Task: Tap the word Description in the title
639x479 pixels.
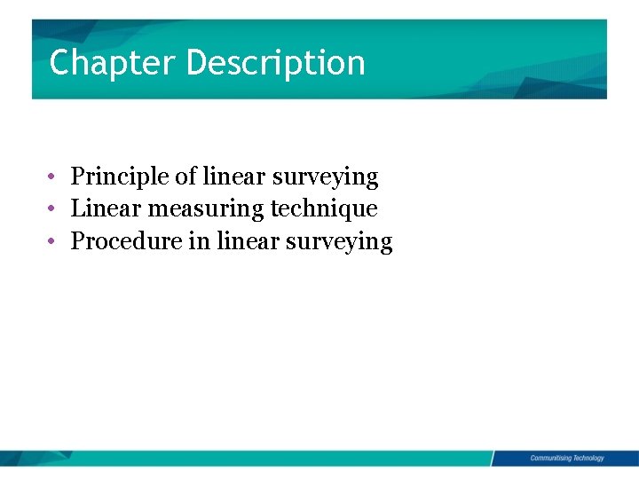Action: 276,63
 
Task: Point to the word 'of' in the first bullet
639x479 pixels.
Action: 185,177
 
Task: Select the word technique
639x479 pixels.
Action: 324,209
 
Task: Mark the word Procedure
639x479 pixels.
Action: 126,240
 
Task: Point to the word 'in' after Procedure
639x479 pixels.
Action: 198,240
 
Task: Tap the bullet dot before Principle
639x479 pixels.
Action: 54,177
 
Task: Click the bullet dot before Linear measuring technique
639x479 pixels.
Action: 54,208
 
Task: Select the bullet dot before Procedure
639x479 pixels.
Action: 54,240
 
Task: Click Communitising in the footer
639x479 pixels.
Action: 550,458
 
